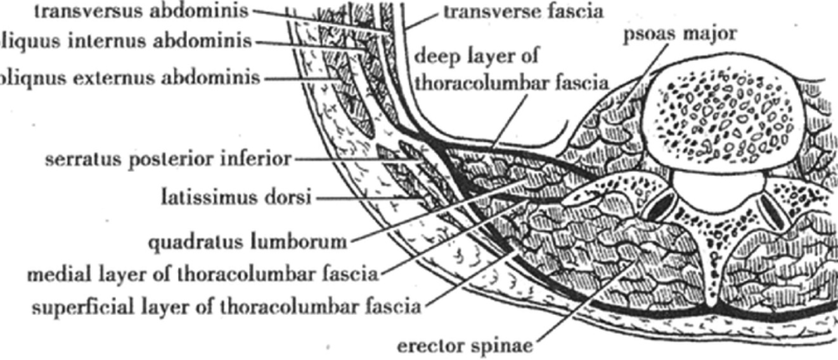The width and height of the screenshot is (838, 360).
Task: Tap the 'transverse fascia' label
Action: point(524,11)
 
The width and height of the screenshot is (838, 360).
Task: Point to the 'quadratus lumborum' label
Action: point(247,241)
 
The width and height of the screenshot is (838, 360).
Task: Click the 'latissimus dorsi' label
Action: point(236,198)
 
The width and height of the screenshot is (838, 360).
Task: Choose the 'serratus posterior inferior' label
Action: point(168,158)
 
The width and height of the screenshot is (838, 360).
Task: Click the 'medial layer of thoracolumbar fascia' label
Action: point(203,275)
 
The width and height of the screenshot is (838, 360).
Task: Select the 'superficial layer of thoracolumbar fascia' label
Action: point(226,307)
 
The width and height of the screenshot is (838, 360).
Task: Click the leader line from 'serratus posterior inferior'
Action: point(355,159)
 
